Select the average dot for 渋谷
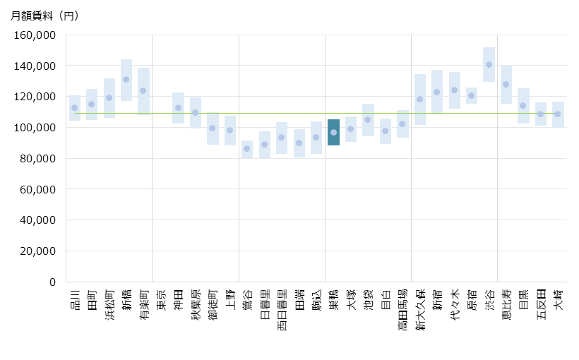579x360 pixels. click(x=489, y=65)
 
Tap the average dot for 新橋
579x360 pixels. click(x=126, y=80)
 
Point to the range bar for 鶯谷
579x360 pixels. click(x=247, y=149)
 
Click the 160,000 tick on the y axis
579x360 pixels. click(x=35, y=35)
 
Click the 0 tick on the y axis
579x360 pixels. click(x=52, y=282)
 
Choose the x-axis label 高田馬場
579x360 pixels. click(x=402, y=310)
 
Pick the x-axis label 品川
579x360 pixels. click(x=75, y=300)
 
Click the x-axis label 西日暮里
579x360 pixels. click(x=282, y=310)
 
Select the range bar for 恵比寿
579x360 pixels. click(x=506, y=85)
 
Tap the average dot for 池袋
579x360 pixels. click(x=368, y=119)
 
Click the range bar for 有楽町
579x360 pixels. click(x=143, y=90)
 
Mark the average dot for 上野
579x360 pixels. click(x=230, y=131)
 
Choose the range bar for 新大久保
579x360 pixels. click(x=419, y=100)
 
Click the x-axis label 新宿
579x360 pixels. click(x=437, y=300)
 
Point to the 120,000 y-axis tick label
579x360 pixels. click(x=35, y=97)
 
